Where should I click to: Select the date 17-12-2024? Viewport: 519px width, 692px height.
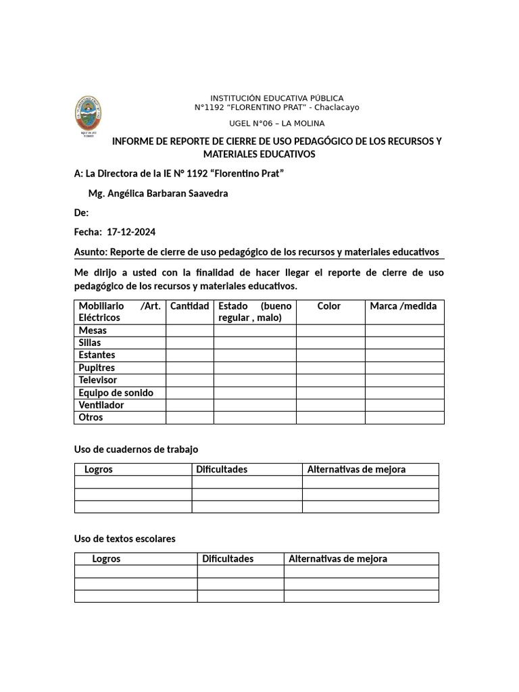(131, 232)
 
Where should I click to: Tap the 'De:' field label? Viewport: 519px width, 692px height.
(81, 213)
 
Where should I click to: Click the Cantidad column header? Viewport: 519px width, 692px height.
(189, 306)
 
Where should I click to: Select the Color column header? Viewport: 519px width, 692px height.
(329, 306)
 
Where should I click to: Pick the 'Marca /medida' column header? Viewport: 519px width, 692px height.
(403, 306)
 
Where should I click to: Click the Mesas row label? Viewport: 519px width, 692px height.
(93, 330)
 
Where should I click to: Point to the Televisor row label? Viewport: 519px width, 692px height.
(98, 380)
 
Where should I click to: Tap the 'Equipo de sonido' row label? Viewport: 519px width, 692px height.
(116, 393)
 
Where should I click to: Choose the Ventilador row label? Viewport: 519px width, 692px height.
(101, 405)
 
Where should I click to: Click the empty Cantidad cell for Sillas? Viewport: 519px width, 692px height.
(189, 343)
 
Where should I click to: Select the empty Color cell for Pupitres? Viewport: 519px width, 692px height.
(330, 368)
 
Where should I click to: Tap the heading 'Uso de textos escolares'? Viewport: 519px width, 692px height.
(124, 539)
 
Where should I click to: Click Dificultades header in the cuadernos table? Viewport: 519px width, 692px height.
(222, 469)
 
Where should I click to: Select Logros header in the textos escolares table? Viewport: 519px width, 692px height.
(106, 559)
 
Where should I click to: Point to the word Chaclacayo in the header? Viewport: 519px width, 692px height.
(337, 107)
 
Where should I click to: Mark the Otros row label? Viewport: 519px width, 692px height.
(91, 417)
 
